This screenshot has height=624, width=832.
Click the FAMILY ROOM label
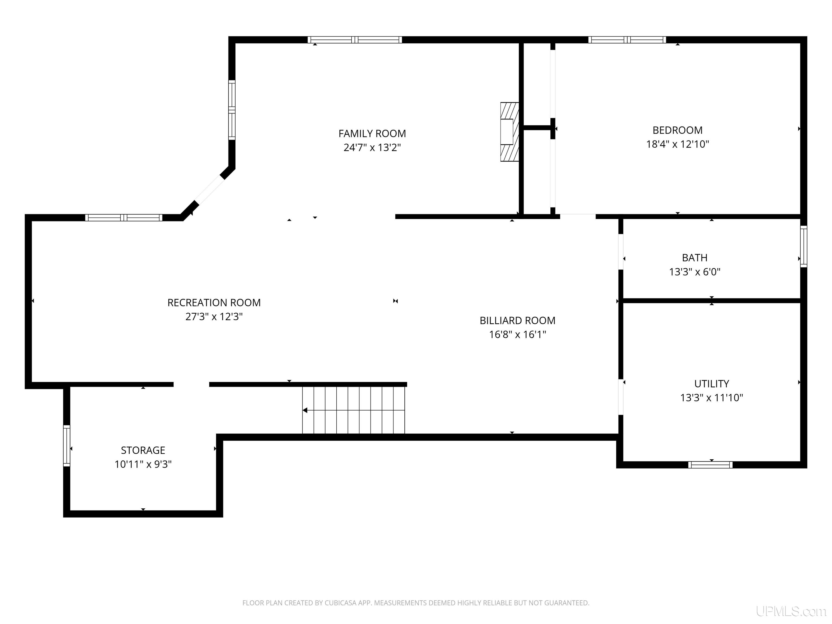(x=372, y=134)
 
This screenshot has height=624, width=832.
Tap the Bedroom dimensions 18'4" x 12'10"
(x=677, y=144)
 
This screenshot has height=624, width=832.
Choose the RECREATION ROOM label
(x=214, y=303)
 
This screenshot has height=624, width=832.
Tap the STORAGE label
(x=143, y=450)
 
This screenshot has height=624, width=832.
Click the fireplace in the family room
(x=510, y=132)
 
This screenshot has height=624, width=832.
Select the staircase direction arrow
(x=353, y=410)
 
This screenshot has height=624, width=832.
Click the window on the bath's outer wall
(x=803, y=246)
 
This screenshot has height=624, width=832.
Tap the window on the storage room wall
(x=67, y=446)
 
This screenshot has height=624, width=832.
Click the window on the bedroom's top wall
(x=627, y=40)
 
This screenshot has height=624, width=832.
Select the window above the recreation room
(x=124, y=217)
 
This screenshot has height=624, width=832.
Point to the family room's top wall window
(x=355, y=40)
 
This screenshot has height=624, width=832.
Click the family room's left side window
(x=232, y=110)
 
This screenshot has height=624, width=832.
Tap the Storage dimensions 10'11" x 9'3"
(x=143, y=464)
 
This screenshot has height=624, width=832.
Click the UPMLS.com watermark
(x=791, y=611)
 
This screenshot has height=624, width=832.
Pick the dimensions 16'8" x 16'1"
(x=518, y=334)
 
